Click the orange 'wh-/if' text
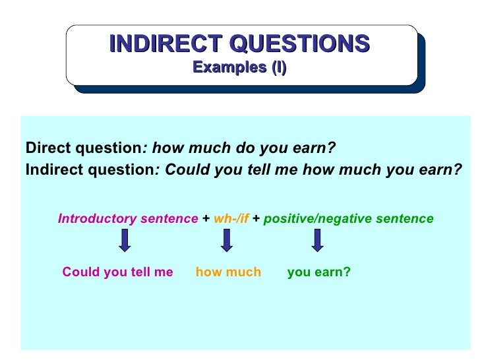click(x=231, y=219)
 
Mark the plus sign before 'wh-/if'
click(x=206, y=219)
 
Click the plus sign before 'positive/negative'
click(x=256, y=219)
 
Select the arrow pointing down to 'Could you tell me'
click(x=125, y=240)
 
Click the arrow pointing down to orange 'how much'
click(x=226, y=240)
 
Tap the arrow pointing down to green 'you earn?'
click(x=317, y=240)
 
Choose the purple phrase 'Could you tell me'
click(x=117, y=272)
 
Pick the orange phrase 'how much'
click(x=228, y=272)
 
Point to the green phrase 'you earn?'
click(x=318, y=272)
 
